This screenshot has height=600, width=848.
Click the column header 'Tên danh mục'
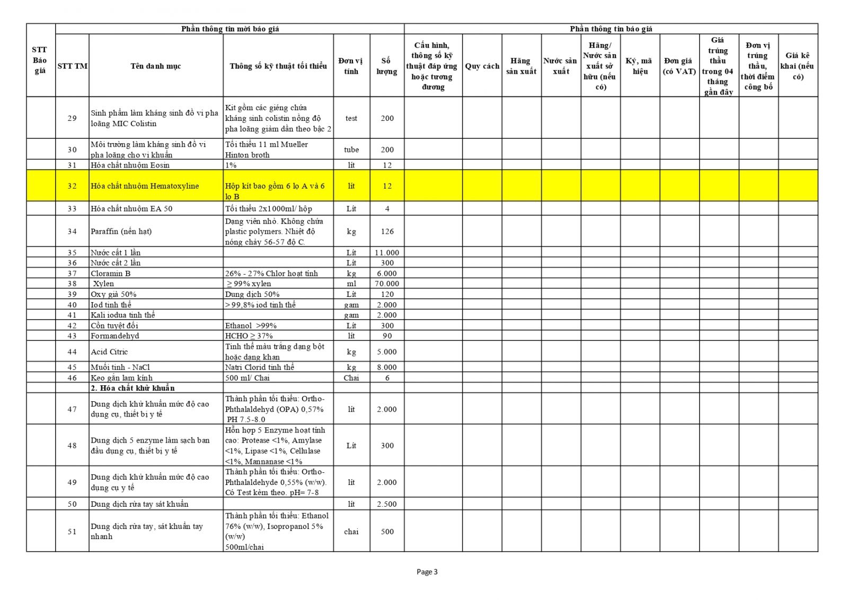[156, 66]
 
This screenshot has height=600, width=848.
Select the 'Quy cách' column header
[482, 66]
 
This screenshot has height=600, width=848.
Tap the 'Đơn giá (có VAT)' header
[679, 66]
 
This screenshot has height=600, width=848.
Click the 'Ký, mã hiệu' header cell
[640, 66]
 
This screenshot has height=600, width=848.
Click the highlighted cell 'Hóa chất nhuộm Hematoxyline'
[145, 186]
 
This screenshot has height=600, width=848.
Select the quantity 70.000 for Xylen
[387, 284]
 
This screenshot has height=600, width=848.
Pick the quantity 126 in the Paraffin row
[387, 232]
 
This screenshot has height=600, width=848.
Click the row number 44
[72, 352]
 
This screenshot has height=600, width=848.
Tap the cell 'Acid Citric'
[109, 352]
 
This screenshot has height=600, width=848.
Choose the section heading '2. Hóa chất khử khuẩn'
[132, 388]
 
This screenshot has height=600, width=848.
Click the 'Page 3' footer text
[427, 572]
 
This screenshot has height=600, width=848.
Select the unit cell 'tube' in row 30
[351, 149]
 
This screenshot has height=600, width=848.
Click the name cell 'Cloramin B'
[110, 273]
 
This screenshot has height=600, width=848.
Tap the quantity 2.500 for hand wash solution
[387, 504]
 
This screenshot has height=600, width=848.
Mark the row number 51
[72, 532]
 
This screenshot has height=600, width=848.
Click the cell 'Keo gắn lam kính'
[121, 378]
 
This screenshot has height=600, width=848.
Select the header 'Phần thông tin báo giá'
[611, 29]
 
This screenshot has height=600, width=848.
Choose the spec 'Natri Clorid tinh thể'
[259, 367]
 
